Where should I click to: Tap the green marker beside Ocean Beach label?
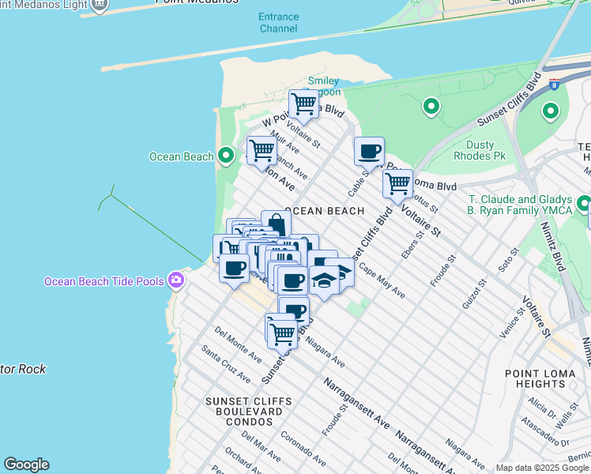(225, 156)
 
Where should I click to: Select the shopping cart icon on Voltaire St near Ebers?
(397, 184)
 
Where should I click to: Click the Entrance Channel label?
(279, 23)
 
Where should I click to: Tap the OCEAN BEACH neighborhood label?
(324, 211)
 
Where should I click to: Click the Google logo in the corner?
(26, 465)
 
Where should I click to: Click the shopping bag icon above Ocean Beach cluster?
(275, 224)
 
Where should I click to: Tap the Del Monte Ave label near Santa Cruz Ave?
(238, 345)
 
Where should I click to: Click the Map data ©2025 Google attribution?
(543, 468)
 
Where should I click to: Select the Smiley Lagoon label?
(323, 86)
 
